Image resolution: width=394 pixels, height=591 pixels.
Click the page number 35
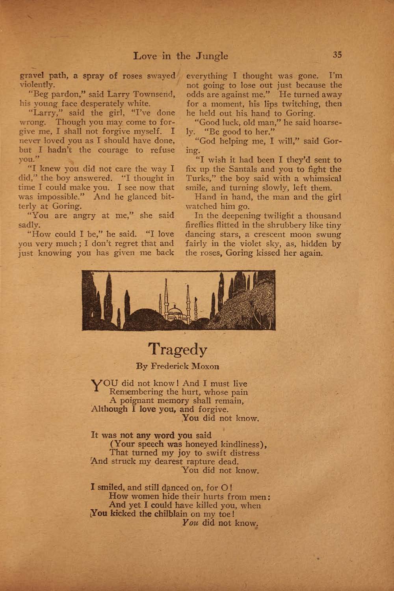[x=336, y=55]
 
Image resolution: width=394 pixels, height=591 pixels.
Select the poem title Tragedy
[x=178, y=349]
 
